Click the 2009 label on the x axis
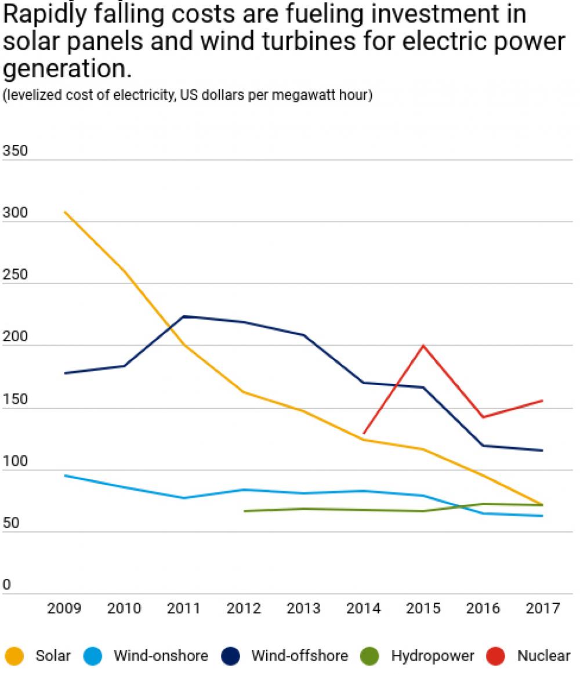coord(64,608)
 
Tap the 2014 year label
coord(363,608)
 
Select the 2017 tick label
coord(543,608)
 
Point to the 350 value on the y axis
coord(15,151)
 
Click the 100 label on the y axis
coord(15,462)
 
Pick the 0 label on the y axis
coord(7,585)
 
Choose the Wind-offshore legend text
coord(299,656)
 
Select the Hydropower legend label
coord(433,656)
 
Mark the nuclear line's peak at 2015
coord(423,346)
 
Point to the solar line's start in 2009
coord(64,212)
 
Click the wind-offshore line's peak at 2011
coord(184,316)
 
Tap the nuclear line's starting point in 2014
coord(364,433)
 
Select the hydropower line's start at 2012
coord(244,511)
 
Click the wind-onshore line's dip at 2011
coord(184,498)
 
